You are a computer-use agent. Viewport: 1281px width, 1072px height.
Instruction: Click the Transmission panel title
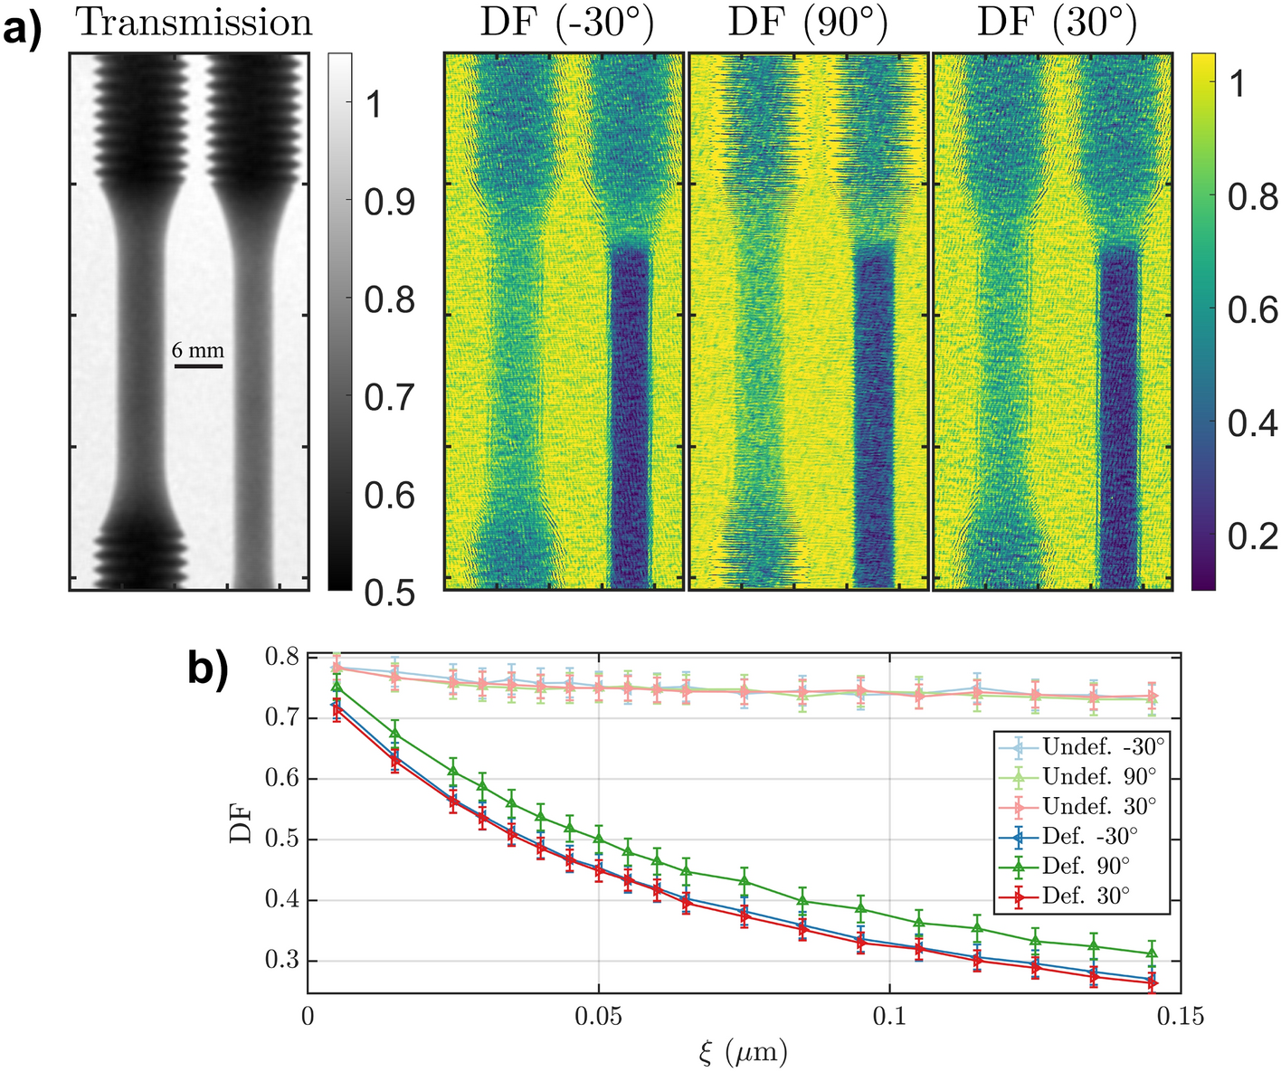[x=194, y=23]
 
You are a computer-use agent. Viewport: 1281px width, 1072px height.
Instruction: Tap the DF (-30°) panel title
[x=566, y=23]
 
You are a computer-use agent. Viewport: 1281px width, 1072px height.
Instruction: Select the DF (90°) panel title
[x=808, y=23]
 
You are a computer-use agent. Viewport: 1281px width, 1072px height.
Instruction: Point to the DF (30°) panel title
[x=1056, y=23]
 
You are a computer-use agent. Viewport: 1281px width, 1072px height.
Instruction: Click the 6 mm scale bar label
[x=198, y=351]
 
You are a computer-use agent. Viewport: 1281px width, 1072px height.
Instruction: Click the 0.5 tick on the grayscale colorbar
[x=389, y=593]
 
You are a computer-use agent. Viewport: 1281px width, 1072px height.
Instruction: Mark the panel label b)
[x=208, y=669]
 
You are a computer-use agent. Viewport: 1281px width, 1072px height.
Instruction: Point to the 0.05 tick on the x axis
[x=598, y=1017]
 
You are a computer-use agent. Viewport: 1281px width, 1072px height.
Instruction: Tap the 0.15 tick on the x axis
[x=1181, y=1017]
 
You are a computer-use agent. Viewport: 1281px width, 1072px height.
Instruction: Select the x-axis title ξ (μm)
[x=743, y=1052]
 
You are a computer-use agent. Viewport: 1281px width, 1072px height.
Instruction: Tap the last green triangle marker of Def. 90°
[x=1152, y=953]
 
